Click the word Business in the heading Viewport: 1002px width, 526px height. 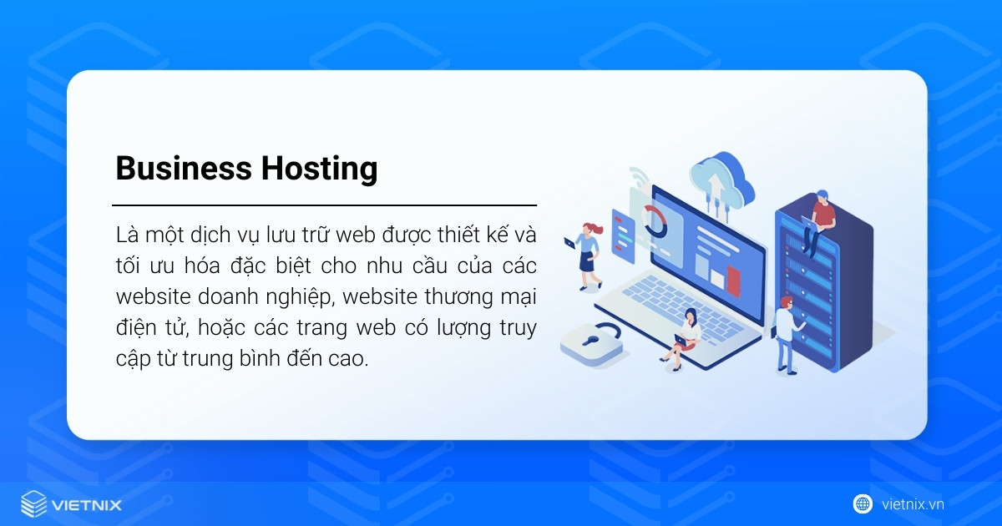pyautogui.click(x=183, y=169)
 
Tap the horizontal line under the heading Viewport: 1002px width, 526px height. pyautogui.click(x=324, y=205)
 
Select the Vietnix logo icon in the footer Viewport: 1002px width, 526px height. pyautogui.click(x=34, y=504)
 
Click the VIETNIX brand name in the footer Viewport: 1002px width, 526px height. pyautogui.click(x=87, y=505)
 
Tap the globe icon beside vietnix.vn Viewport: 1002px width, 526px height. pyautogui.click(x=863, y=503)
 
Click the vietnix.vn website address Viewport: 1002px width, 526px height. pyautogui.click(x=913, y=504)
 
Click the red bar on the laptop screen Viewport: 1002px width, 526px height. pyautogui.click(x=733, y=281)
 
